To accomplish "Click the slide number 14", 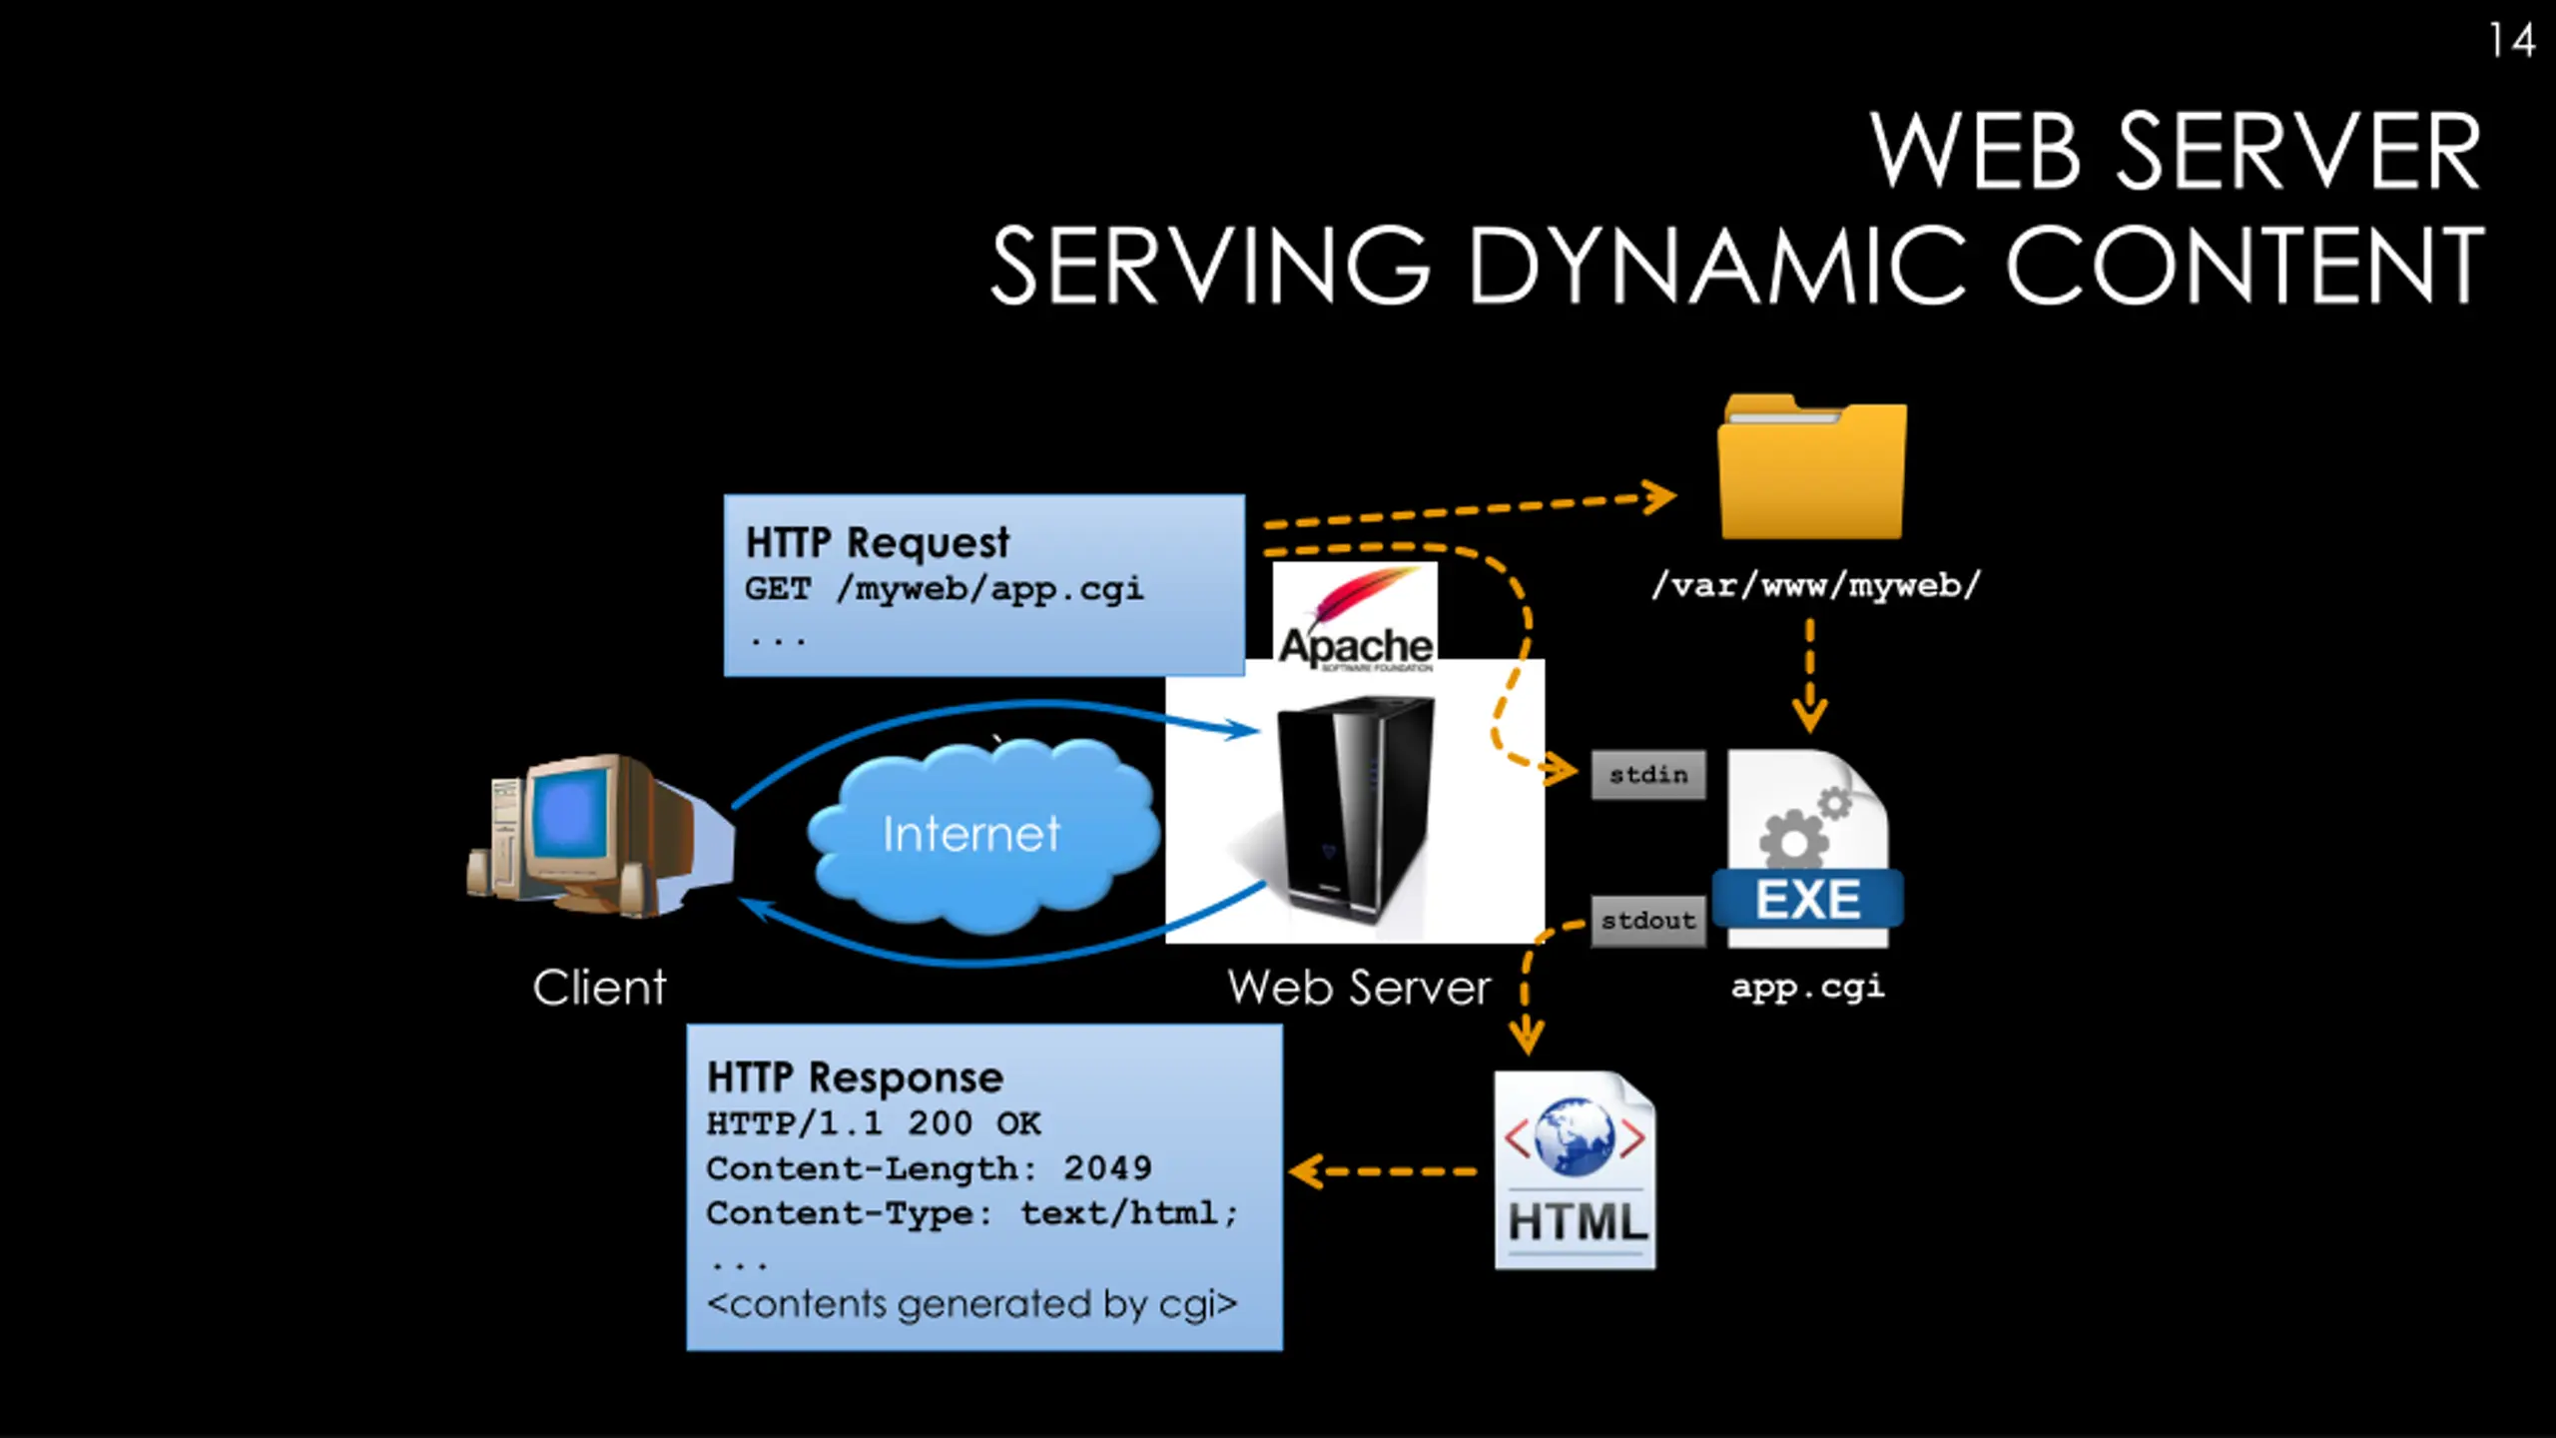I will pos(2511,41).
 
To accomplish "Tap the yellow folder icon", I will pos(1811,467).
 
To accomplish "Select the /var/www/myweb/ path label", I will pos(1815,585).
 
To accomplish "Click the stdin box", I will pos(1648,775).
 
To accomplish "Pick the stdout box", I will pos(1648,921).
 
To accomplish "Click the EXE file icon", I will pos(1808,849).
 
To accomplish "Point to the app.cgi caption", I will pos(1808,987).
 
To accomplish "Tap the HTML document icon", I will pos(1576,1170).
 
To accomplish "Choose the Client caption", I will pos(599,989).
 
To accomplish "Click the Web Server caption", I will pos(1359,989).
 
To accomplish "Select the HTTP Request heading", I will pos(878,542).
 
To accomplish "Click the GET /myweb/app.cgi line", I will pos(944,589).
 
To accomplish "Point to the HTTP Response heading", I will pos(855,1078).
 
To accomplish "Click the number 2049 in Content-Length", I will pos(1107,1168).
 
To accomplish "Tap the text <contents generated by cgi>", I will pos(971,1304).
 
